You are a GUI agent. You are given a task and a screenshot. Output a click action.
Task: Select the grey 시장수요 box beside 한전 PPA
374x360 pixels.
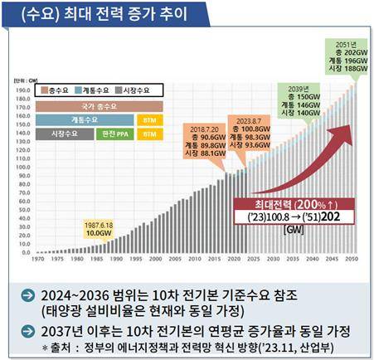click(65, 133)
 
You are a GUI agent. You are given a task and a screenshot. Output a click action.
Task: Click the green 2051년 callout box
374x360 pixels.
click(342, 49)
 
